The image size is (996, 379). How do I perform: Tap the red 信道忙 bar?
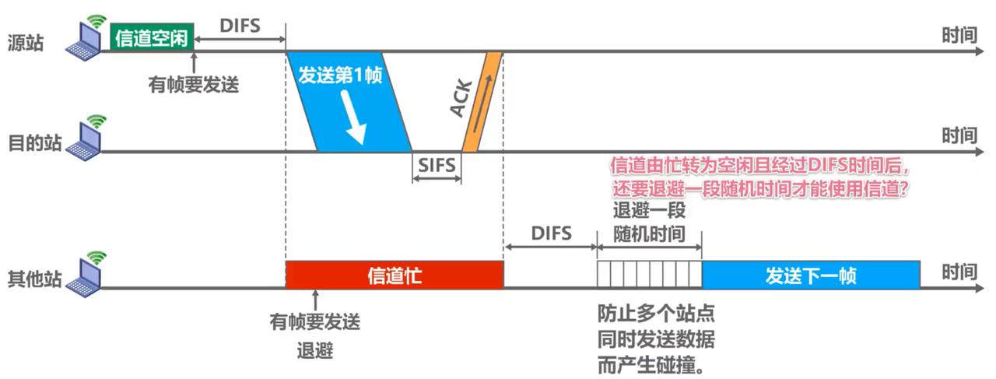395,275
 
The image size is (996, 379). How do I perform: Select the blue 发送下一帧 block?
811,275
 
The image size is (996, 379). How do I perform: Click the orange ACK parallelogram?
482,101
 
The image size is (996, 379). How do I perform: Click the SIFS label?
437,164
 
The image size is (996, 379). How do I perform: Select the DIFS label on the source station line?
240,24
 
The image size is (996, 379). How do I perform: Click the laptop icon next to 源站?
85,40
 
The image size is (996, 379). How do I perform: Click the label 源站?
26,43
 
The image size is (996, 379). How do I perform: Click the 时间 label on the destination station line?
959,136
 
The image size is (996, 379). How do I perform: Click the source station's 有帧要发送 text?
194,83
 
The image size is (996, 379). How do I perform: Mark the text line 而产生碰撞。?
652,364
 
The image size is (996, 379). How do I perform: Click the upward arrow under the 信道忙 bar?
315,300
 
